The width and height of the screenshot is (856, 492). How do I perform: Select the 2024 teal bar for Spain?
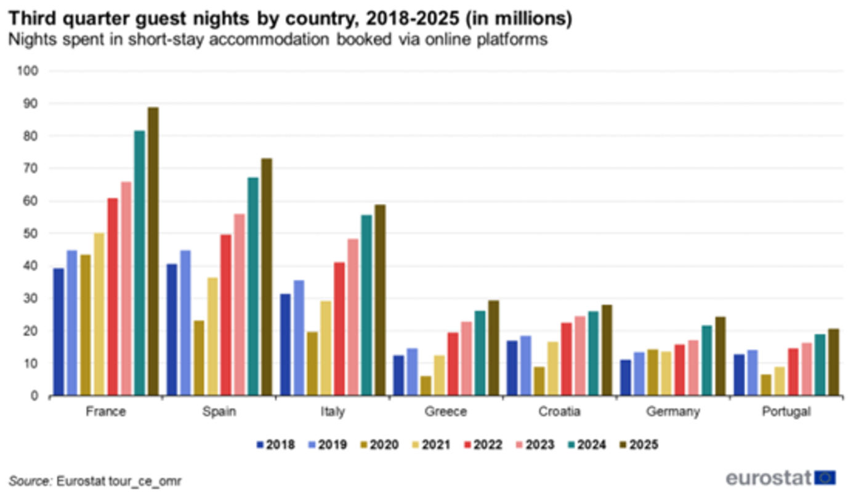[252, 287]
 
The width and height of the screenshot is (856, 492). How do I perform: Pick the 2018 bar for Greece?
[398, 375]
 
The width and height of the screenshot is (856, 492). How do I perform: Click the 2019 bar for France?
[72, 323]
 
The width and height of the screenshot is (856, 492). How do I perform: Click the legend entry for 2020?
[378, 445]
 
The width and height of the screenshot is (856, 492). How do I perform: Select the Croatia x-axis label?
[559, 412]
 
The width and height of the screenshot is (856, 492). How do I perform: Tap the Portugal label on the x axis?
[786, 412]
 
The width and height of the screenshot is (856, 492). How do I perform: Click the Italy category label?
[332, 412]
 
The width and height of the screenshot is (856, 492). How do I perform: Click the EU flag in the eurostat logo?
[825, 478]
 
